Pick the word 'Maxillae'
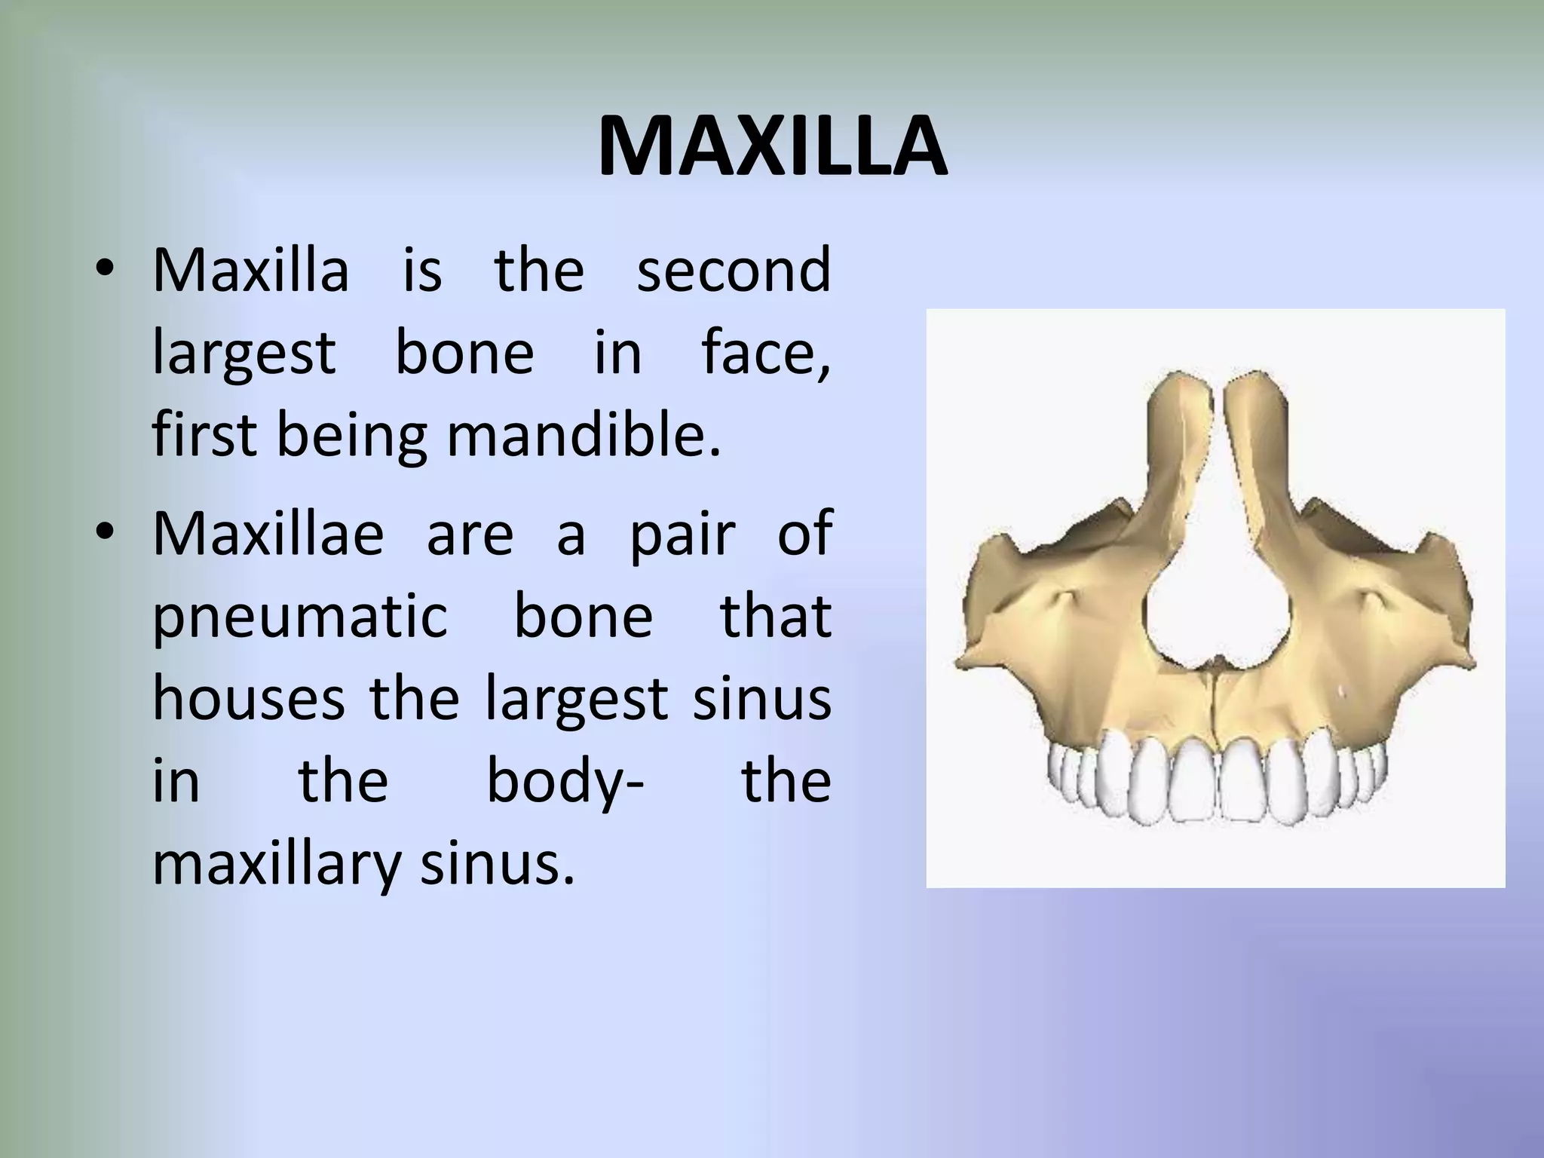tap(268, 533)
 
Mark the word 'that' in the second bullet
tap(776, 616)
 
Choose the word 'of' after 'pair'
tap(804, 533)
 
